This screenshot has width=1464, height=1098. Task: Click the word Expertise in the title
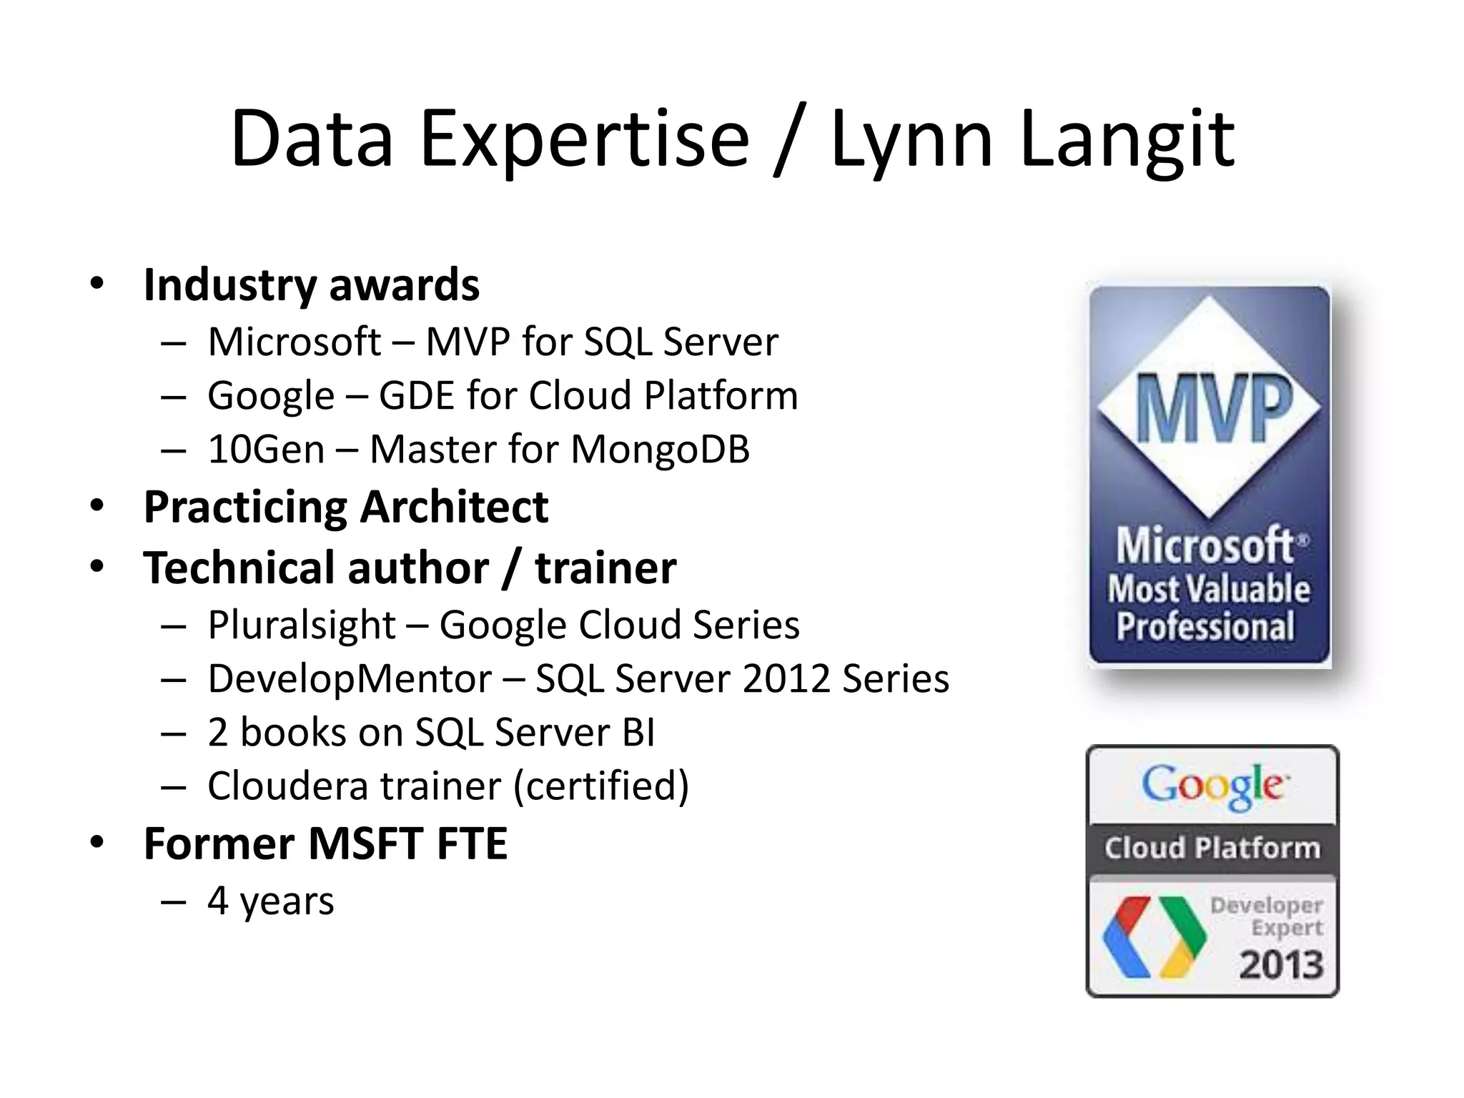(584, 139)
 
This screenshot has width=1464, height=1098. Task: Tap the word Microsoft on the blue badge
(1206, 546)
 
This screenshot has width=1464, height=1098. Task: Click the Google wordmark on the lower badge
(1213, 786)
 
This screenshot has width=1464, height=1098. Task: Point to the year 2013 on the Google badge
(1281, 965)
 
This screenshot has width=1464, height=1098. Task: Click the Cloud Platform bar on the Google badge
(1212, 849)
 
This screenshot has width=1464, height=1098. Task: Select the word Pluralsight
(301, 625)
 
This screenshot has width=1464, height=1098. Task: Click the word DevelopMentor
(350, 679)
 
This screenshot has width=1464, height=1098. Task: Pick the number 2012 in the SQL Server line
(786, 679)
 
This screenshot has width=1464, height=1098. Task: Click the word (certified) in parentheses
(601, 786)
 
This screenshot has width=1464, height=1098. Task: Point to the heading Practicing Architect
(346, 508)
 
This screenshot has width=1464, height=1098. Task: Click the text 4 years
(270, 901)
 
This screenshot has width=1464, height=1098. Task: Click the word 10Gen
(266, 450)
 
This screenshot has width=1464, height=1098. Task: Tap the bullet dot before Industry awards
(97, 284)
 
